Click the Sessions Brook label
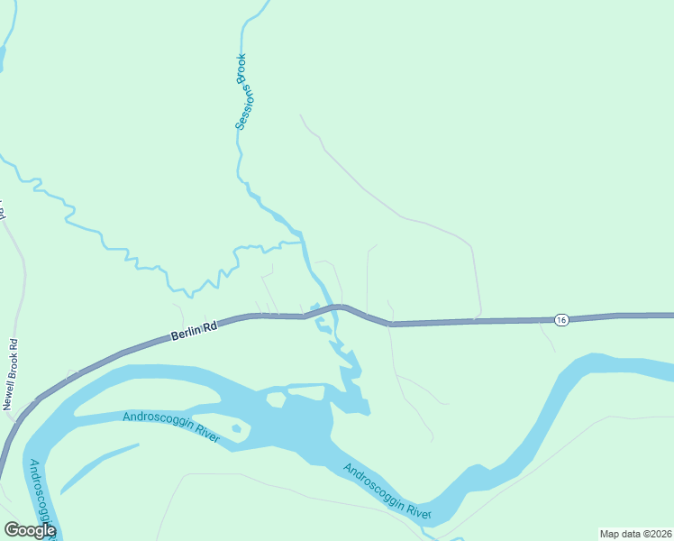[x=241, y=92]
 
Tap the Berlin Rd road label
[x=194, y=332]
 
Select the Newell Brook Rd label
[x=12, y=374]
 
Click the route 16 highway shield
[x=561, y=320]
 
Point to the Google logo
[x=30, y=530]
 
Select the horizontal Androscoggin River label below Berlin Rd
[x=171, y=423]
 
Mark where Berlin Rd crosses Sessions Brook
[x=323, y=309]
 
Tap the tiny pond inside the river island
[x=237, y=428]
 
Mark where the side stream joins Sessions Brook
[x=301, y=242]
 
